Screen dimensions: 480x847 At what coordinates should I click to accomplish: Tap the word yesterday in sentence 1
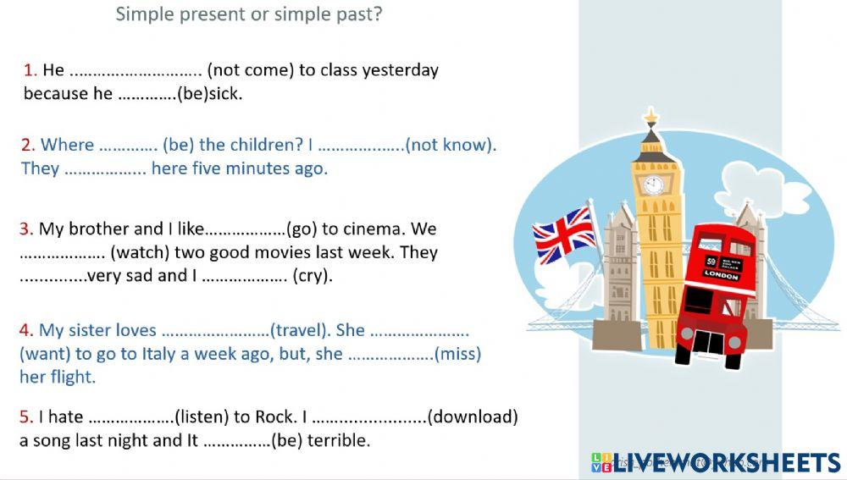(x=400, y=70)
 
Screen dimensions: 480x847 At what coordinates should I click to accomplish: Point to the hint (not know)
(x=451, y=145)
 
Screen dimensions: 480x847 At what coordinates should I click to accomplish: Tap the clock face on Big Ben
(x=653, y=185)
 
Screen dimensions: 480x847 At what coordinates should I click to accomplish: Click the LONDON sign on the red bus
(x=721, y=276)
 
